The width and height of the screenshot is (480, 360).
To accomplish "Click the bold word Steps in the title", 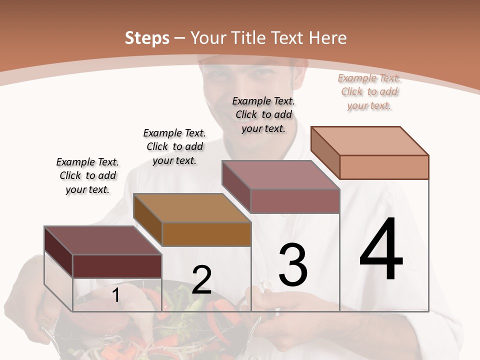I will (147, 38).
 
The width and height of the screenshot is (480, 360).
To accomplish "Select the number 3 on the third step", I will (292, 264).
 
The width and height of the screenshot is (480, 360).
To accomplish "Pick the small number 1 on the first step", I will (115, 295).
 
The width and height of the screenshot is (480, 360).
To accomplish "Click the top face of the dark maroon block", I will (102, 240).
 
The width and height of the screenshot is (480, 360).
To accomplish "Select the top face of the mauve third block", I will (280, 175).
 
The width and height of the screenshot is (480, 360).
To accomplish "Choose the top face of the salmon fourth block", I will (370, 141).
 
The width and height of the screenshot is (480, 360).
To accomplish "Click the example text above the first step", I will (87, 175).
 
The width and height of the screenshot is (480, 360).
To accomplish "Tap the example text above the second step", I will (174, 146).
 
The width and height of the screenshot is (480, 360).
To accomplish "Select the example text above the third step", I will (263, 114).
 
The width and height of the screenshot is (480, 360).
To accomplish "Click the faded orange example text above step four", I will (369, 91).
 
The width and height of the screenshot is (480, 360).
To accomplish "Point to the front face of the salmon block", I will (384, 167).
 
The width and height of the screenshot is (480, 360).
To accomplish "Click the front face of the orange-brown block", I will (206, 234).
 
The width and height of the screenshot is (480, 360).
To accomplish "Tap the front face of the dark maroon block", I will (117, 266).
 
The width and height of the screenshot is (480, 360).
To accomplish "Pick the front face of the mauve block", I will (295, 201).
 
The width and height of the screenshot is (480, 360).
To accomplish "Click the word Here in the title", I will (328, 38).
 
